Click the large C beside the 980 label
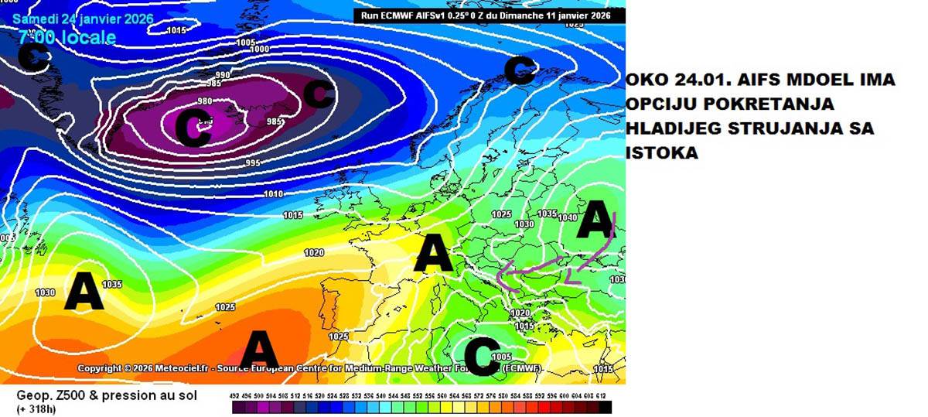point(193,128)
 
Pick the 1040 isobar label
point(567,218)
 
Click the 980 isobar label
point(205,101)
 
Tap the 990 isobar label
point(223,75)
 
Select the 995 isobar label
point(253,162)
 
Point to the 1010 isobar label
point(274,194)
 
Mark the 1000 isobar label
point(260,50)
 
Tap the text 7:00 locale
point(67,37)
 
